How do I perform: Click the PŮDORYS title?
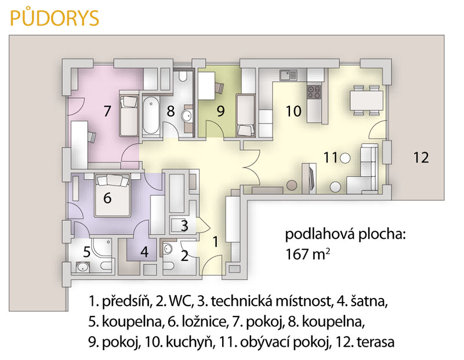coord(55,18)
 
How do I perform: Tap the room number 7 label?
coord(107,111)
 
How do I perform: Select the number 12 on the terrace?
coord(421,157)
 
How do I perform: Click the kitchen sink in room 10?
coord(288,75)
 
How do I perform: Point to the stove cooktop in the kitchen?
coord(314,92)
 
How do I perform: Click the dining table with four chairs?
coord(367,100)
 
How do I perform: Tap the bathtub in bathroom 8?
coord(151,116)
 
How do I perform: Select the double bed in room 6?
coord(113,195)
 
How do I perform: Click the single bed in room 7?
coord(129,116)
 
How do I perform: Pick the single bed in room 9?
coord(245,115)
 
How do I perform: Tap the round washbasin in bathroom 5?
coord(82,268)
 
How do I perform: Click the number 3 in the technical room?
coord(184,226)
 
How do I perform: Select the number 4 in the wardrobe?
coord(144,252)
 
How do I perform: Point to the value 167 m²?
coord(308,254)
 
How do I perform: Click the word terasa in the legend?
coord(375,342)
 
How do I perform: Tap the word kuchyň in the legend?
coord(189,343)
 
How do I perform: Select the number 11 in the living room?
coord(331,157)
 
